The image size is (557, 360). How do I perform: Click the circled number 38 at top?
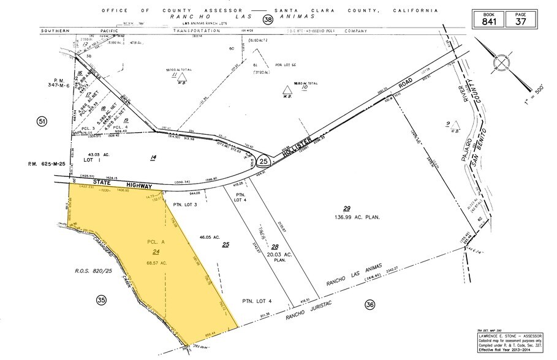[267, 20]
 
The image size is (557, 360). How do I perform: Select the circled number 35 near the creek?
[102, 299]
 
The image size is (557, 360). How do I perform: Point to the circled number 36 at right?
[369, 304]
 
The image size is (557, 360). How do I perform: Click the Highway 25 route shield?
[263, 162]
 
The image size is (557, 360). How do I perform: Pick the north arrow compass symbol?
[502, 63]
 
